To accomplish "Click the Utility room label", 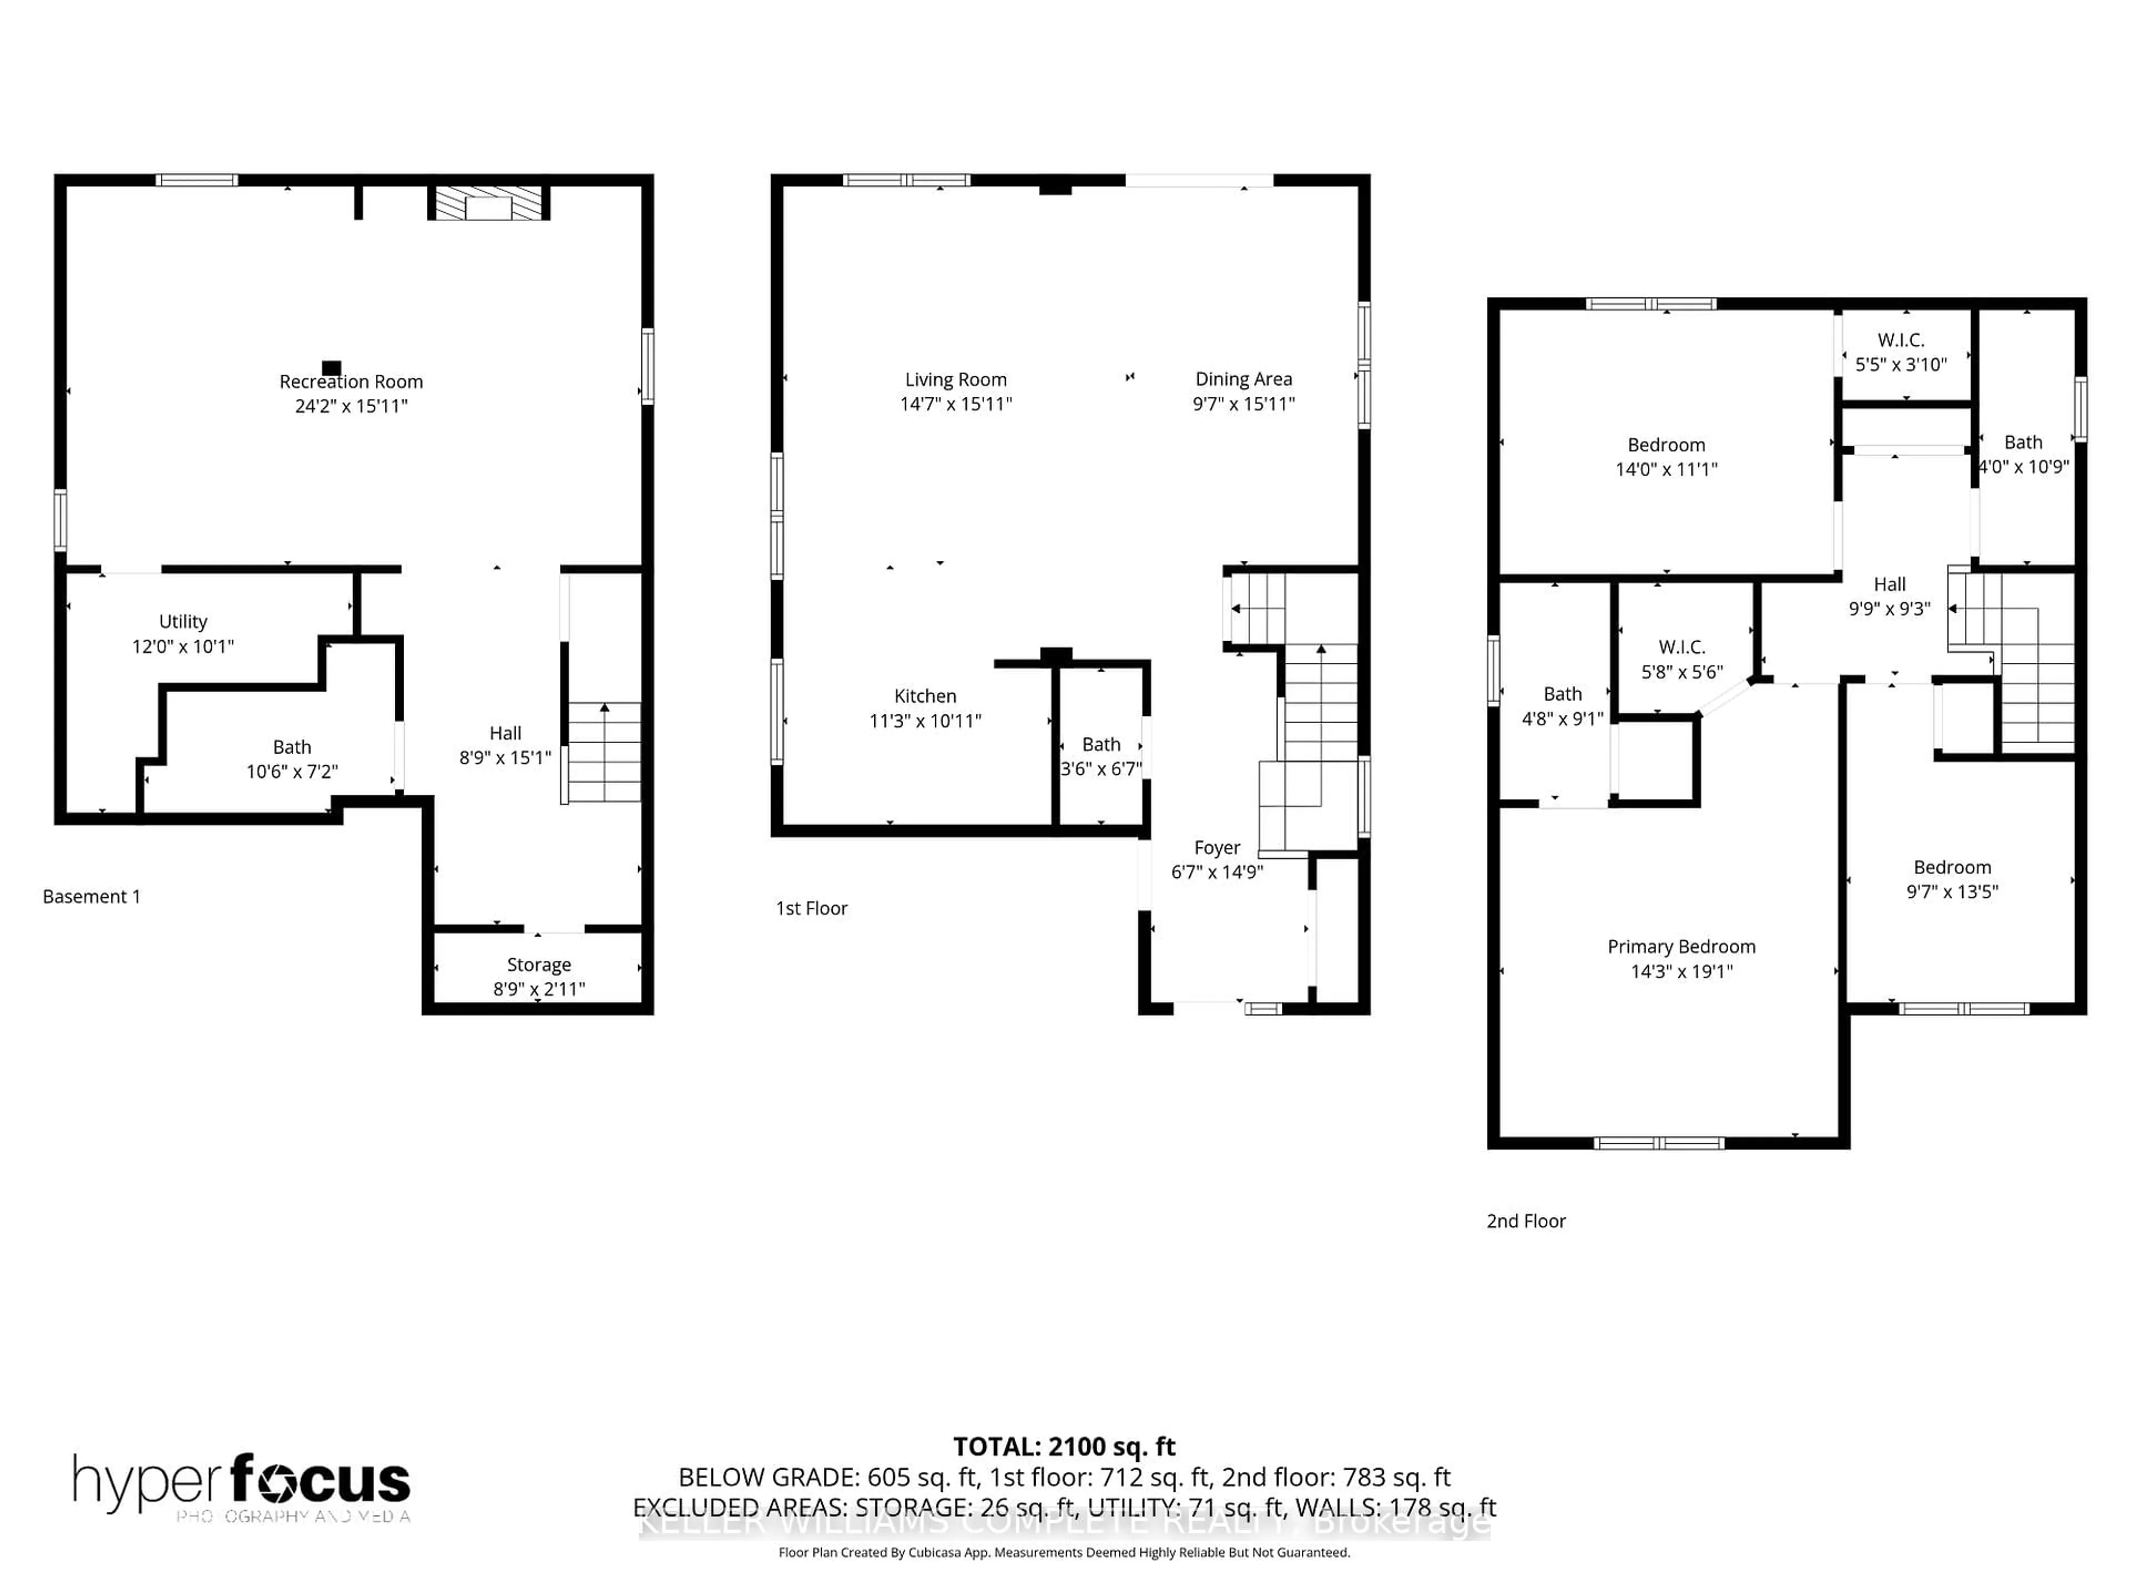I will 183,621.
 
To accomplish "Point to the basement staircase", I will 603,753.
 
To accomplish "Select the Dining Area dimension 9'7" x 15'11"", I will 1244,404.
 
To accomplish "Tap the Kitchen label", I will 924,695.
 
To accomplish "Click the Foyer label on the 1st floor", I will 1216,847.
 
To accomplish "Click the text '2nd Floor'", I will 1526,1221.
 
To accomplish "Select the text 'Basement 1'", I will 91,897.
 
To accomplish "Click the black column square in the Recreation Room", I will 331,367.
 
